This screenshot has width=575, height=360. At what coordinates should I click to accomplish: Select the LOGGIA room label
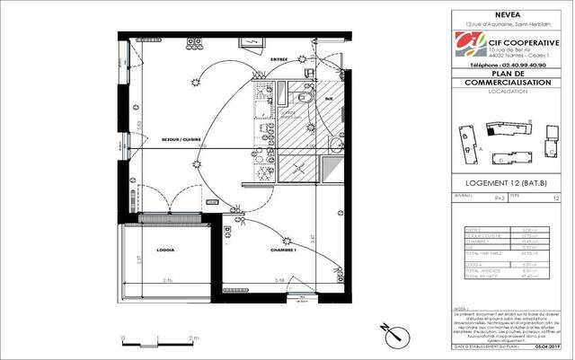(x=165, y=250)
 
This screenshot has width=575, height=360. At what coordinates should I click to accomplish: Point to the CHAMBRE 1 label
(x=283, y=250)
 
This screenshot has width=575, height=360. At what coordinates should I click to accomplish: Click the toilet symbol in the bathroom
(x=303, y=99)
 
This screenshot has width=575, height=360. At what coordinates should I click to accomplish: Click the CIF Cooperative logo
(x=468, y=42)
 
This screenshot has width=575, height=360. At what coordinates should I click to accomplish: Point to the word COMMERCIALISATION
(x=509, y=82)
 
